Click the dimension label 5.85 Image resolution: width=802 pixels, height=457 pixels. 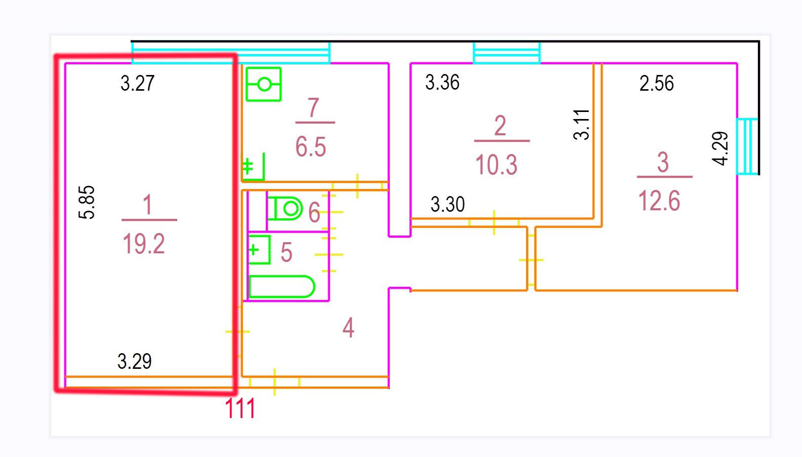(x=87, y=202)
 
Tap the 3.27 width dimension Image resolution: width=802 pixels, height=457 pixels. (x=137, y=83)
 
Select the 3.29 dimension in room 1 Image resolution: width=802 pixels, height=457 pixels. (x=134, y=361)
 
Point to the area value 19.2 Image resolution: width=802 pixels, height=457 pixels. (x=144, y=244)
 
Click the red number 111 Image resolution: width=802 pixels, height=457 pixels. (x=240, y=408)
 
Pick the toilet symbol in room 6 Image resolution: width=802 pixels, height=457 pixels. (x=285, y=208)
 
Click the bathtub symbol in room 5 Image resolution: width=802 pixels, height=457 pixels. (x=282, y=287)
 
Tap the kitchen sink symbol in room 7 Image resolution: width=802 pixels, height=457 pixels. (x=263, y=84)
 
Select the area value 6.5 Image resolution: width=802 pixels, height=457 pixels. (x=310, y=147)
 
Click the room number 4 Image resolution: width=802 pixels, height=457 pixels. (x=348, y=328)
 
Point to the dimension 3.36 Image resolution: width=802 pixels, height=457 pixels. (x=442, y=83)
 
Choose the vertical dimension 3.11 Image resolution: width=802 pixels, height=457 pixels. (x=582, y=124)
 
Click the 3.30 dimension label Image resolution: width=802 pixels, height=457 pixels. (x=448, y=205)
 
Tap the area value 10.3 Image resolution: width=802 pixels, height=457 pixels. (x=496, y=165)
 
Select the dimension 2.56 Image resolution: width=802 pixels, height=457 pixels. (x=656, y=84)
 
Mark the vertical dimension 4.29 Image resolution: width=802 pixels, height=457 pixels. (x=720, y=148)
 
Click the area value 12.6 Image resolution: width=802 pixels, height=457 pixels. (x=659, y=201)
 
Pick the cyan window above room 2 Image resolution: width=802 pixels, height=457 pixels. (x=506, y=53)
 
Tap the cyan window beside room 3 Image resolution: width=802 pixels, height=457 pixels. (x=747, y=146)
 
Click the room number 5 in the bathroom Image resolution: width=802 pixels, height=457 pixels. (x=286, y=252)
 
